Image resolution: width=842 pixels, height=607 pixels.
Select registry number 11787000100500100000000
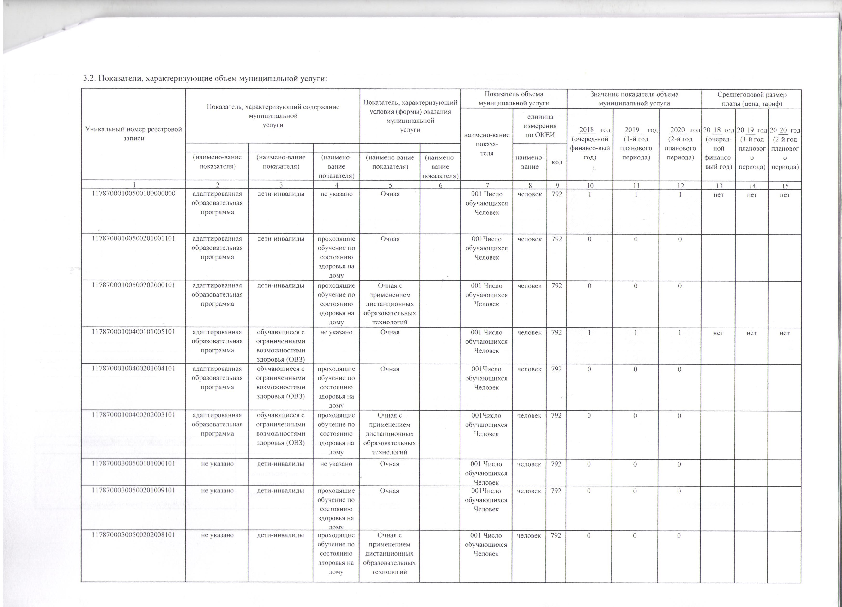tap(133, 194)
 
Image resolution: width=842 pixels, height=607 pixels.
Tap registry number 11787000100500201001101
tap(133, 238)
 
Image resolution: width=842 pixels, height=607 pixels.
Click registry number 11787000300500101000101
tap(133, 464)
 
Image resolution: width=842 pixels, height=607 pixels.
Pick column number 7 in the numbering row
tap(487, 186)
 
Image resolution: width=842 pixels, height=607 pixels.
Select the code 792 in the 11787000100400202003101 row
tap(557, 415)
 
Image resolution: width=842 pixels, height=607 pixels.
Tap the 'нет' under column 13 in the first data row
tap(718, 194)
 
